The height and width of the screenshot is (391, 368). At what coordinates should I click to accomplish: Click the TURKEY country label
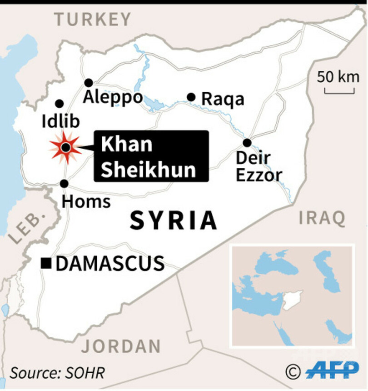92,20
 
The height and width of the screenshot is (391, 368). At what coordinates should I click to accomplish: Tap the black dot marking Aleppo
89,83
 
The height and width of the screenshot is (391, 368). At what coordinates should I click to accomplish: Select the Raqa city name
223,99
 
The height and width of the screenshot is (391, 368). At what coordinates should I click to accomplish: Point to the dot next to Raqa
191,97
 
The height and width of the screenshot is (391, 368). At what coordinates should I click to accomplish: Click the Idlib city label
60,121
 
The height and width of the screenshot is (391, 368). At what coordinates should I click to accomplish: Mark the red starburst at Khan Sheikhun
66,147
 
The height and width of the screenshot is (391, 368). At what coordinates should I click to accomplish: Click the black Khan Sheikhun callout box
151,156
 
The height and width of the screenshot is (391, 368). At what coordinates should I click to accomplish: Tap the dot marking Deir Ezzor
247,143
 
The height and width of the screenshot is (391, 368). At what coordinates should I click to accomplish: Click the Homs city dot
64,184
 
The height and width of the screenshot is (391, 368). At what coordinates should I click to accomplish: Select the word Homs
86,201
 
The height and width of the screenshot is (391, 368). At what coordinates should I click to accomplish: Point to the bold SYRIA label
173,221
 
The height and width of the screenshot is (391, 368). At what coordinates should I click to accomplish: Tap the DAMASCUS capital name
109,263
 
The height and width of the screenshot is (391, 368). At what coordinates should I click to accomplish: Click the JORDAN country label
121,346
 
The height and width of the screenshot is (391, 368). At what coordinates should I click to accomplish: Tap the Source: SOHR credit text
57,373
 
